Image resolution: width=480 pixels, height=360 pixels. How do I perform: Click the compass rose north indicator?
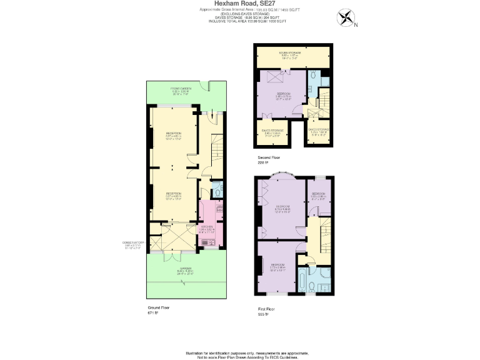tap(346, 18)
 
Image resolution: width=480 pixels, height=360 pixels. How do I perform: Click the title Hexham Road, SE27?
tap(240, 3)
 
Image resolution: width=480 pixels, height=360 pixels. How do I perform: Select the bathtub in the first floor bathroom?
tap(302, 281)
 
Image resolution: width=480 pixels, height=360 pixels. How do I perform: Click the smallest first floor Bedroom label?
tap(319, 195)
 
